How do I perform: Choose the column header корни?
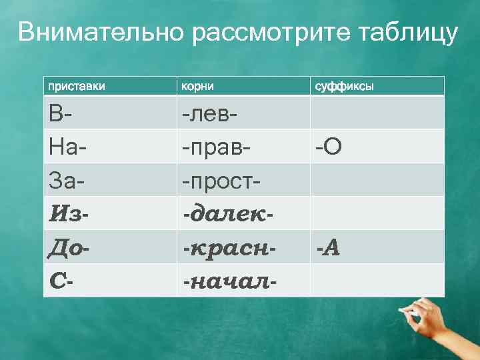[x=195, y=86]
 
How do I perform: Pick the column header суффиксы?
[x=344, y=86]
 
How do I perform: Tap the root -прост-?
[x=221, y=179]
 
